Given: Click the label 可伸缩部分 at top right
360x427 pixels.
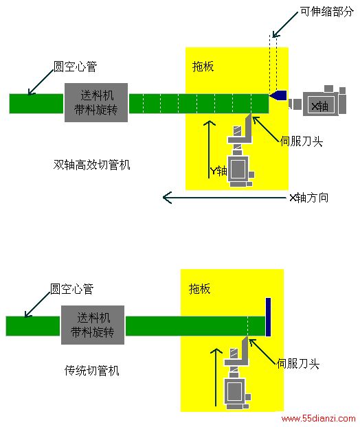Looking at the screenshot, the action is pyautogui.click(x=326, y=12).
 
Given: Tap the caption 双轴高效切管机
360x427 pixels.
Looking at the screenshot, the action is pyautogui.click(x=91, y=165).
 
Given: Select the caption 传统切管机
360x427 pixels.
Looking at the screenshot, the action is pyautogui.click(x=92, y=371).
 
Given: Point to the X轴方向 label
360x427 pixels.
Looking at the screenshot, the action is pyautogui.click(x=309, y=198).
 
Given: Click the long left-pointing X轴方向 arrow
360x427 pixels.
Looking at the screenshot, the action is pyautogui.click(x=224, y=198).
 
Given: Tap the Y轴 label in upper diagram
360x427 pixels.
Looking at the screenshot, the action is pyautogui.click(x=218, y=171).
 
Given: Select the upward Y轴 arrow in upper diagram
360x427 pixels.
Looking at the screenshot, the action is pyautogui.click(x=209, y=149).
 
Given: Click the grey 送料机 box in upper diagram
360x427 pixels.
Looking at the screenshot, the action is pyautogui.click(x=96, y=102).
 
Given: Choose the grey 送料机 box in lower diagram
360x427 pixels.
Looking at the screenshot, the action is pyautogui.click(x=93, y=325).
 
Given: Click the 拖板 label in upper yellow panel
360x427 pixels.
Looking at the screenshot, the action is pyautogui.click(x=203, y=67).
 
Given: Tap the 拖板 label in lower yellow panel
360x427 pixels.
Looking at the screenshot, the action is pyautogui.click(x=200, y=288).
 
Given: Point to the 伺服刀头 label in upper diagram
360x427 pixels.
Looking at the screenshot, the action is pyautogui.click(x=302, y=141).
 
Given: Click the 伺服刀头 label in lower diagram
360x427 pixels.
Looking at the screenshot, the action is pyautogui.click(x=298, y=364).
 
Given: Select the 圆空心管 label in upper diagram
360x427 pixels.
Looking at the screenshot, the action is pyautogui.click(x=75, y=67).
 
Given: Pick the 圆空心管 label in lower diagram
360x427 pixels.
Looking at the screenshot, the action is pyautogui.click(x=71, y=288).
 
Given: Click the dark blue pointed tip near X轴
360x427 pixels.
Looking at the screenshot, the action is pyautogui.click(x=278, y=95).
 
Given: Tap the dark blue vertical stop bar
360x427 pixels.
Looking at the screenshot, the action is pyautogui.click(x=268, y=317).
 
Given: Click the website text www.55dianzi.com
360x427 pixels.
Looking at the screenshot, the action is pyautogui.click(x=318, y=418).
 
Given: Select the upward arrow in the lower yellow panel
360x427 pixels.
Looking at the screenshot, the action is pyautogui.click(x=216, y=377).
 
